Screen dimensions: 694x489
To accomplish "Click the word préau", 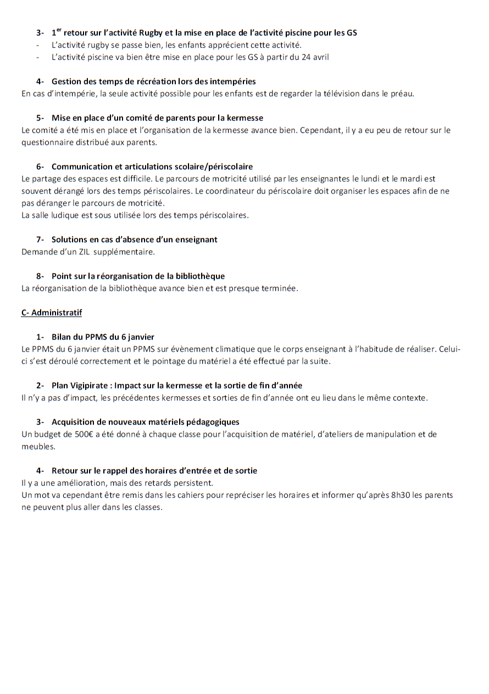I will pyautogui.click(x=402, y=93).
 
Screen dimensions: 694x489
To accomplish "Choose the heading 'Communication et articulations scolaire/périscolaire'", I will pyautogui.click(x=152, y=166).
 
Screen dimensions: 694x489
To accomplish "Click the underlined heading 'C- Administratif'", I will pyautogui.click(x=52, y=313).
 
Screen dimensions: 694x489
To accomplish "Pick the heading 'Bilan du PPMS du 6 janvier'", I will pyautogui.click(x=103, y=337).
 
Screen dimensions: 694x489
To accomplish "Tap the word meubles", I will pyautogui.click(x=38, y=446).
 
